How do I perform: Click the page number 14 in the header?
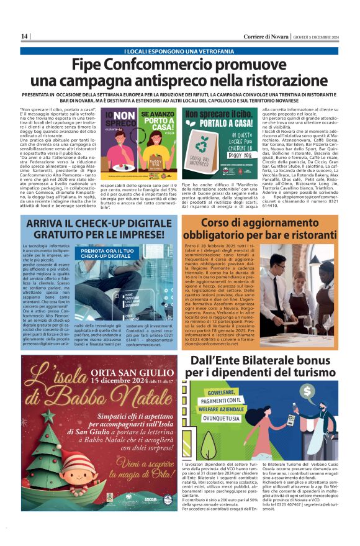click(x=25, y=36)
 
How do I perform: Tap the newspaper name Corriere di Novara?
click(x=268, y=36)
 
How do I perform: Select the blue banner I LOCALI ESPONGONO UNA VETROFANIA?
click(x=180, y=51)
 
